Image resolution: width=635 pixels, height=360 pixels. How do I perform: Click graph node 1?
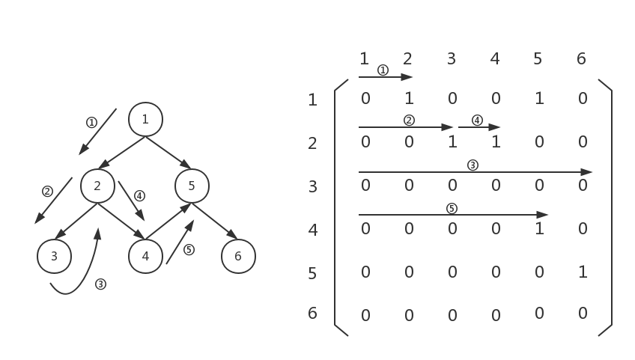coord(145,119)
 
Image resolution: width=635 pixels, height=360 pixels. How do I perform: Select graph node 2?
coord(97,186)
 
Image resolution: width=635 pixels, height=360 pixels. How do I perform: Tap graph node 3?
coord(54,257)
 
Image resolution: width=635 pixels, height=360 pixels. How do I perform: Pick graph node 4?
coord(145,257)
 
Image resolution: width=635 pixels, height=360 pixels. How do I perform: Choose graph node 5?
coord(192,186)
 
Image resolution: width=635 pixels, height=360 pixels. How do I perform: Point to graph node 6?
coord(238,257)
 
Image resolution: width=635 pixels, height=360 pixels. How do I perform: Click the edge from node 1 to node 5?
coord(168,153)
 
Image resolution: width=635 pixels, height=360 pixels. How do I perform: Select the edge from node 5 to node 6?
coord(215,222)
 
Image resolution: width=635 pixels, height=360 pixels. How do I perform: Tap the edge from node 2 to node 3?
coord(76,222)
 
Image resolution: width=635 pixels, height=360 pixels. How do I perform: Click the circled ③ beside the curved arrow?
coord(100,284)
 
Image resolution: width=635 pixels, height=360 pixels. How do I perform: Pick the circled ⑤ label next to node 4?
coord(189,250)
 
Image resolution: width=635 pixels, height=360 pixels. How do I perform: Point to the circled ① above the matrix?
coord(383,70)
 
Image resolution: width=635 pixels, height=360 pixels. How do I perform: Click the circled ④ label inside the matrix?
coord(477,120)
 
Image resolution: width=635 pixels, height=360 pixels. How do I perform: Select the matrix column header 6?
coord(581,58)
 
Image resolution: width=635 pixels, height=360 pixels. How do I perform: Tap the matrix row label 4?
coord(313,230)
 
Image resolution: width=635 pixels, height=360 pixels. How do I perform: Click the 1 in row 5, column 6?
coord(583,272)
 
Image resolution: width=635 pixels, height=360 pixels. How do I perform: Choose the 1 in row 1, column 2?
coord(409,98)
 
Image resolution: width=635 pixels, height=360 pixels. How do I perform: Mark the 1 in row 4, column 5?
coord(539,229)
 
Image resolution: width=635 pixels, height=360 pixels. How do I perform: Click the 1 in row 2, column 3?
coord(452,141)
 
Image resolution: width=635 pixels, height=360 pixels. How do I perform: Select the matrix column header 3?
coord(451,58)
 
